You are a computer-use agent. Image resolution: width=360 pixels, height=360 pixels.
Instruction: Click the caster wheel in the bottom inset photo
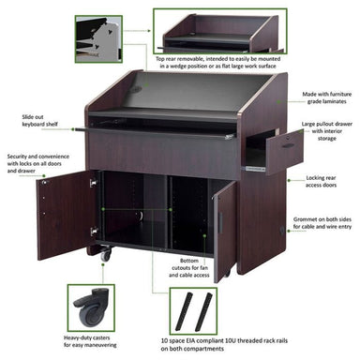[x=92, y=307]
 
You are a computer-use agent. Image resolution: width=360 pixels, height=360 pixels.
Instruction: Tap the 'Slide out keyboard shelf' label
[x=39, y=121]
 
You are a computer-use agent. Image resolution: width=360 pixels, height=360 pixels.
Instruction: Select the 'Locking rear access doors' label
[x=321, y=181]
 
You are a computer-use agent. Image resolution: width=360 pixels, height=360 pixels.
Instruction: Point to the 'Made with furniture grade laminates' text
[x=326, y=97]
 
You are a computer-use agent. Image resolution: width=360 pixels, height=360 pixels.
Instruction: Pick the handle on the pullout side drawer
[x=288, y=146]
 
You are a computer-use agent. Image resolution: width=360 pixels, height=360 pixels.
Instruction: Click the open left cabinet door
[x=67, y=215]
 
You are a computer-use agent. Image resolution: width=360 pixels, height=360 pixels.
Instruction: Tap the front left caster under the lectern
[x=105, y=254]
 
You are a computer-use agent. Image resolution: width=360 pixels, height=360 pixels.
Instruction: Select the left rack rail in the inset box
[x=184, y=311]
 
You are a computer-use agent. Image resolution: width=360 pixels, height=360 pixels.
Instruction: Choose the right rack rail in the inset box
[x=203, y=312]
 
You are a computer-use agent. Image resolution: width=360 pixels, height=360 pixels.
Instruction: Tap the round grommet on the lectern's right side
[x=282, y=231]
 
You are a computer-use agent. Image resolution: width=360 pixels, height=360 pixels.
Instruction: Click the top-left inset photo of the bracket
[x=98, y=39]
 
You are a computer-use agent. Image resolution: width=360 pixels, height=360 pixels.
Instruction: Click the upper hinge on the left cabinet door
[x=93, y=182]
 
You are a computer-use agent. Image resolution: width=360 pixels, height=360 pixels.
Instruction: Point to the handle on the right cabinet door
[x=220, y=222]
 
